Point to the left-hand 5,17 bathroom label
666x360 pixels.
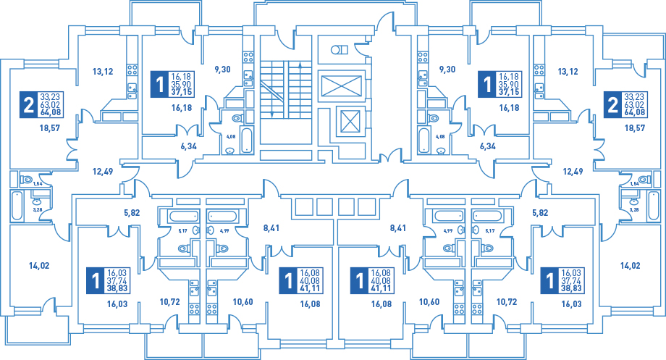(182, 231)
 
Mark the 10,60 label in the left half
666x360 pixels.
(243, 301)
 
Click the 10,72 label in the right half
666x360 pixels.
(506, 301)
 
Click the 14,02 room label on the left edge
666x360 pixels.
(39, 266)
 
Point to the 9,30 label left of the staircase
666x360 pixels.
(222, 70)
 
